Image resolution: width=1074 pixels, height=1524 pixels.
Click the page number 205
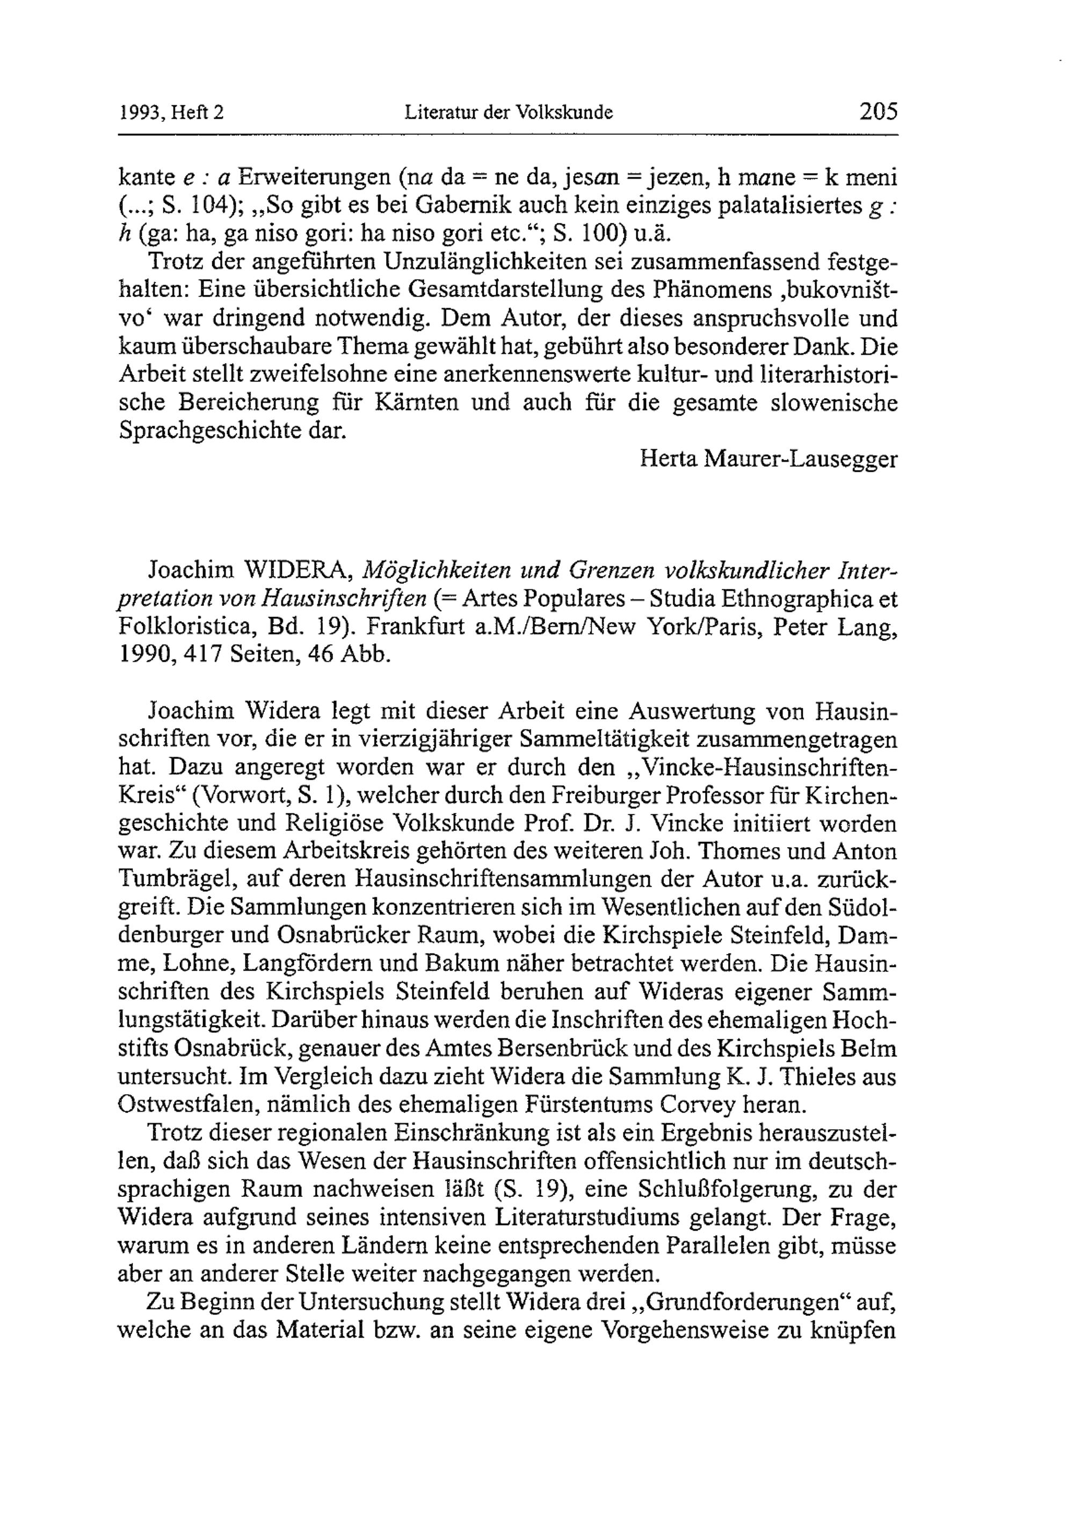tap(877, 111)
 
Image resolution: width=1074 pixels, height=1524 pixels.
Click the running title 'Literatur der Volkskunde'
tap(508, 113)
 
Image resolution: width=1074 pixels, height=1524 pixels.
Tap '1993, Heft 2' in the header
tap(171, 113)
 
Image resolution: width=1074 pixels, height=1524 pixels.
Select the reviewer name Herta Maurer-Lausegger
tap(768, 459)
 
